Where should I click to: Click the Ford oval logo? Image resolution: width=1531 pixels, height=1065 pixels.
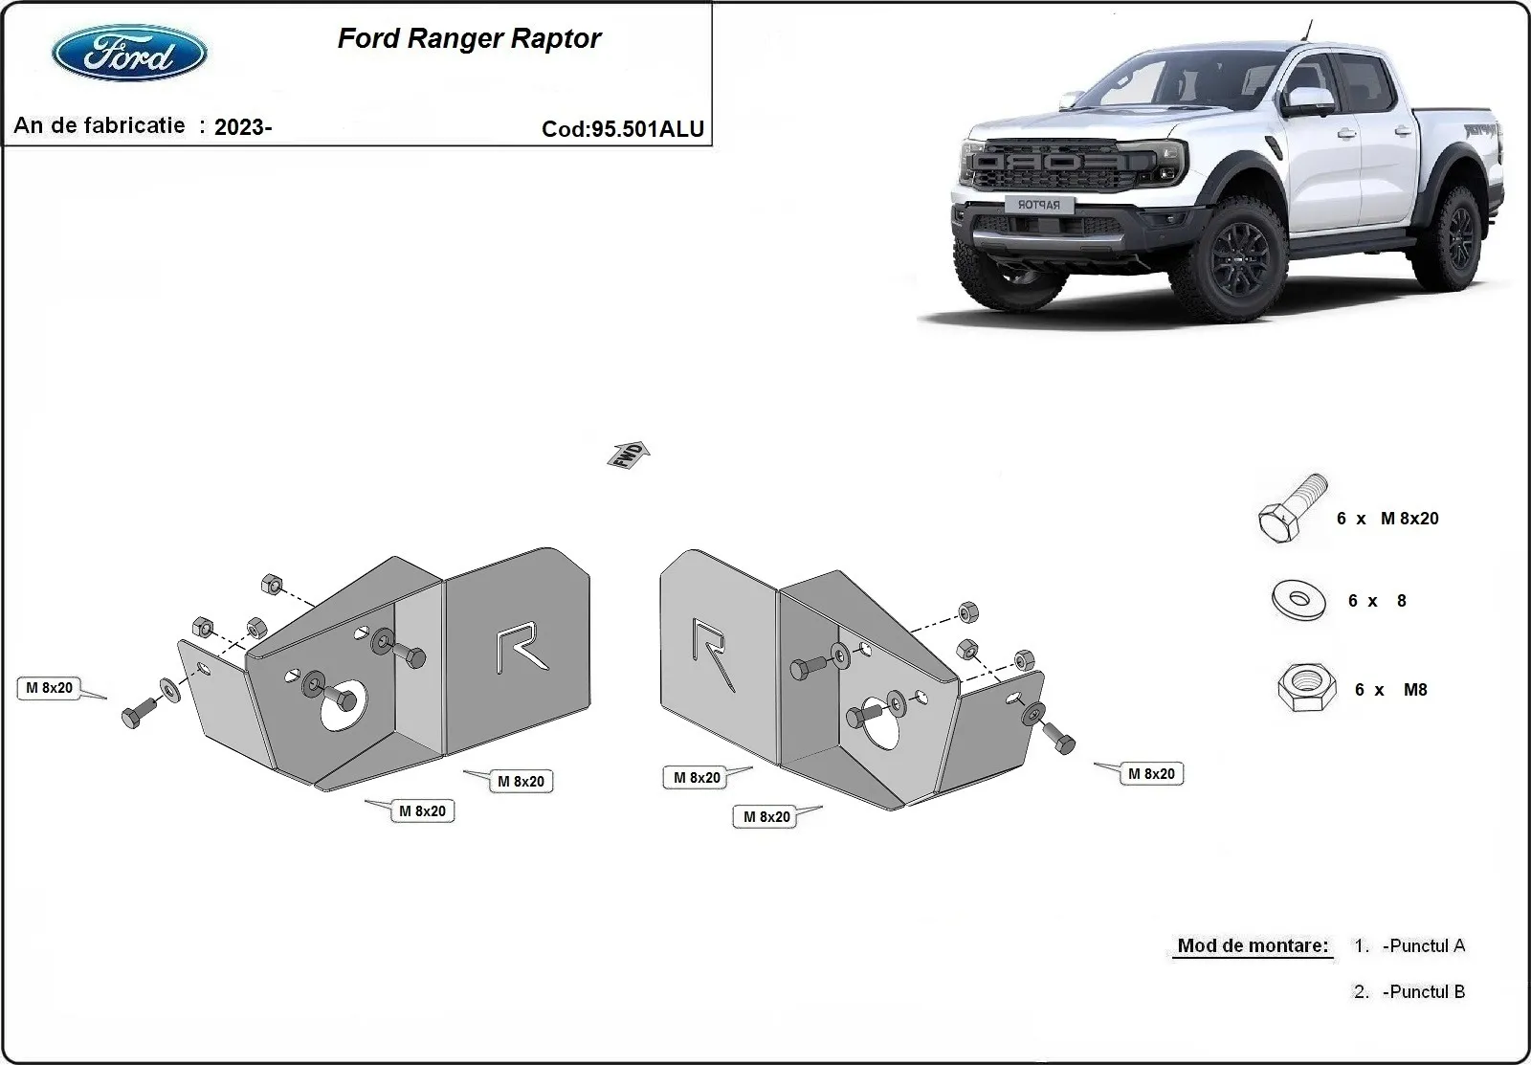[129, 53]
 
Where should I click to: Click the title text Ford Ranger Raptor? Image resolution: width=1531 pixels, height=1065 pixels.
[469, 38]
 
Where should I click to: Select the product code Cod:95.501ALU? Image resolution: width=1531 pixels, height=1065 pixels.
[623, 129]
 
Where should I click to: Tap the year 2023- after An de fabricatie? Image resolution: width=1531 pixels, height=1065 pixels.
[243, 127]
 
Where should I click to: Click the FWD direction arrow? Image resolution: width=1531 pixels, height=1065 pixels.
[628, 455]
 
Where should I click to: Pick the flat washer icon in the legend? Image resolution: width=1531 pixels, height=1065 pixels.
[1298, 600]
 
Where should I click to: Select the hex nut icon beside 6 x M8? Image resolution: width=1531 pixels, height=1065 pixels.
[1301, 689]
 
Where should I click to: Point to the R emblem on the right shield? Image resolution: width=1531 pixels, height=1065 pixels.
[712, 653]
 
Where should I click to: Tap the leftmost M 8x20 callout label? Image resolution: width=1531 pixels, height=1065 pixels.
[49, 688]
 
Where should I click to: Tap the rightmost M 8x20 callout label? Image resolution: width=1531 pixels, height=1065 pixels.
[1151, 774]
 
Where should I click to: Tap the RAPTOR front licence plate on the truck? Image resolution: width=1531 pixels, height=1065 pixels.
[1038, 204]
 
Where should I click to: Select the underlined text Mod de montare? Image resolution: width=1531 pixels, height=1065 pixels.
[1253, 946]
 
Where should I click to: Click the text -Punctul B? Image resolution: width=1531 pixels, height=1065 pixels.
[1423, 992]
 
